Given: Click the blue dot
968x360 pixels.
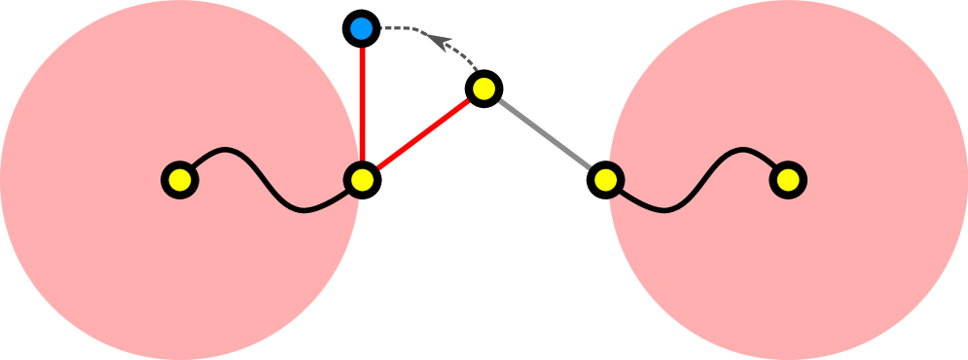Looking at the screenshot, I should pyautogui.click(x=361, y=28).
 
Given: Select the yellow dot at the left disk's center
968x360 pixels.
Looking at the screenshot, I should pyautogui.click(x=180, y=180).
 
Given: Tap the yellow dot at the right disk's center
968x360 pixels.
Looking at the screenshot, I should pyautogui.click(x=788, y=180).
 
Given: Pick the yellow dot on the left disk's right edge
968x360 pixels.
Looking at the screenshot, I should pyautogui.click(x=362, y=180).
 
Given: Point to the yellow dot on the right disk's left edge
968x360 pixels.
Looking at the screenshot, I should pyautogui.click(x=605, y=180).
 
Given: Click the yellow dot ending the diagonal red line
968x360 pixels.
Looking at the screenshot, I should pyautogui.click(x=484, y=89).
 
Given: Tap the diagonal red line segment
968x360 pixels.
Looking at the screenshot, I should pyautogui.click(x=423, y=134).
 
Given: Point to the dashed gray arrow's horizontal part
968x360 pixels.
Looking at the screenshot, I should pyautogui.click(x=397, y=28).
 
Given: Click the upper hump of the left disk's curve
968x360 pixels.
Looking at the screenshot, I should pyautogui.click(x=226, y=150).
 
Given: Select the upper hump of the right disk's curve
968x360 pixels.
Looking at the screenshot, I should pyautogui.click(x=744, y=150).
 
